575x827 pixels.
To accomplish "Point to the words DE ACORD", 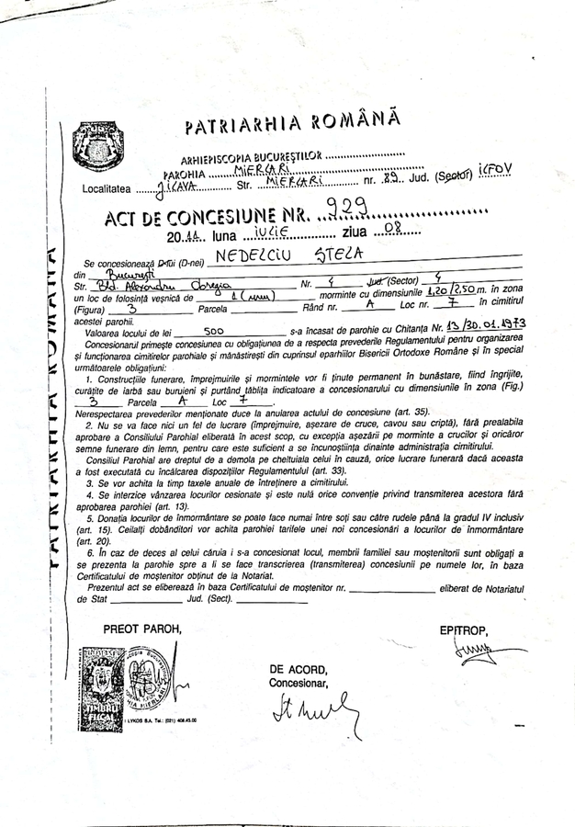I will pyautogui.click(x=298, y=671).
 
